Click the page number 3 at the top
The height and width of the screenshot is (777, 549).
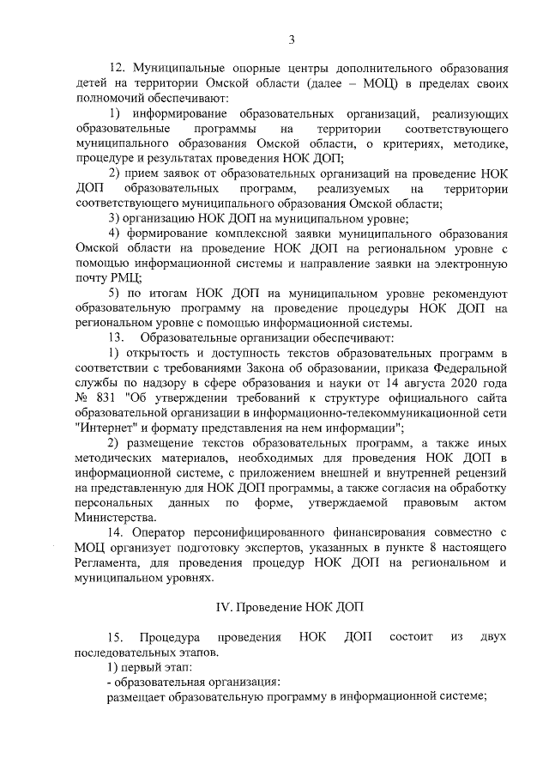293,39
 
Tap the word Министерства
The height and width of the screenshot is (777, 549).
116,517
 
